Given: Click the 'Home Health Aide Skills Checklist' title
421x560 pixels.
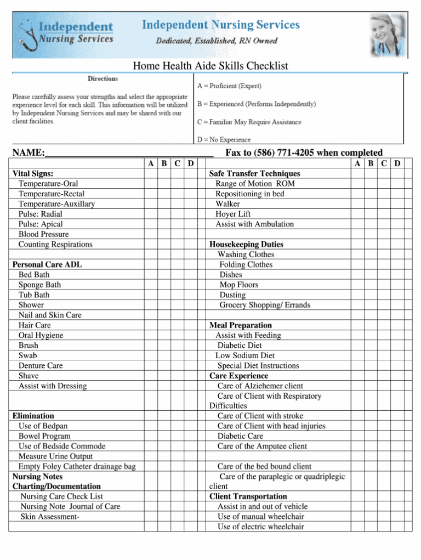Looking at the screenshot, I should [210, 66].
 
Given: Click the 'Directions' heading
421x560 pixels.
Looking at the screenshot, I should [103, 79].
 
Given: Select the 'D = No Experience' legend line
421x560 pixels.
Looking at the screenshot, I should [224, 139].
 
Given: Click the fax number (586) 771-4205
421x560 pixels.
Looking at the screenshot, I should [283, 152].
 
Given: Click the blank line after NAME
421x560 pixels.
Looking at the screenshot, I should [129, 154].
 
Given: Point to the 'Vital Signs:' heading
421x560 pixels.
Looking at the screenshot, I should [33, 173].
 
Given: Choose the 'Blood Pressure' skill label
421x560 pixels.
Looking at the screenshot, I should [44, 234].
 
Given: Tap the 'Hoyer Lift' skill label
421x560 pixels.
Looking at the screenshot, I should [233, 214].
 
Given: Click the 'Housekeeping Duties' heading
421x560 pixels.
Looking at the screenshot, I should [246, 244].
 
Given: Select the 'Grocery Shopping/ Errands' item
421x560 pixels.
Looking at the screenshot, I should [265, 305].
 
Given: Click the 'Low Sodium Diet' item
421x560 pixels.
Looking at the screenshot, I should [245, 355].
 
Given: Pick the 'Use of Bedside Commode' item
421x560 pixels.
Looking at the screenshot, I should [62, 446].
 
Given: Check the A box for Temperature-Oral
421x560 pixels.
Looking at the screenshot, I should [151, 184].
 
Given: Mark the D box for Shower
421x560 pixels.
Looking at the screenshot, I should [191, 305].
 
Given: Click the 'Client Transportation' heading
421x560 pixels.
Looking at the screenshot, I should [248, 496].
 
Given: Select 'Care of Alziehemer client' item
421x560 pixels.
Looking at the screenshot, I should [260, 386].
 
